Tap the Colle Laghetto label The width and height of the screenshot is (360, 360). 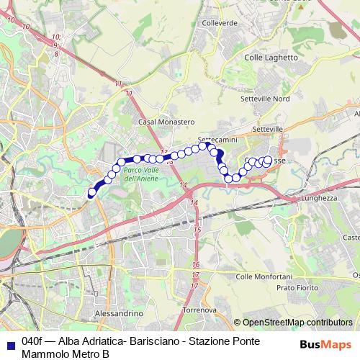(x=271, y=58)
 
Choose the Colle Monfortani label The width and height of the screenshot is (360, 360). (x=264, y=276)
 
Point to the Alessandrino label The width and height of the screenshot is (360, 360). (x=119, y=314)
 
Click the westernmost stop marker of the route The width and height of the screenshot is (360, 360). (x=91, y=192)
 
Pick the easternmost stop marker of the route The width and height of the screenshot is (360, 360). (x=269, y=160)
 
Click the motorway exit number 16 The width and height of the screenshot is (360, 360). (x=195, y=265)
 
